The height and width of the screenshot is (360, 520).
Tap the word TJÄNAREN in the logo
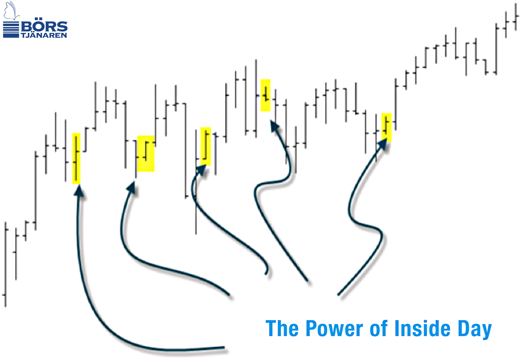pos(45,35)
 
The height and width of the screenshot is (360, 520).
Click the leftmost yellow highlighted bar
pos(76,158)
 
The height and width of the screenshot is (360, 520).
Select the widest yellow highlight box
pos(146,153)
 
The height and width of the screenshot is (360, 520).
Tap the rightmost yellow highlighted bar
pos(387,127)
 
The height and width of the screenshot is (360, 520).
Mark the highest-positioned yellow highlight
pos(266,95)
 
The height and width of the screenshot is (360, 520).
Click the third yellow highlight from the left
pos(205,146)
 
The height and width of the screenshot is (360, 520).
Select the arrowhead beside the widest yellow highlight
pos(131,187)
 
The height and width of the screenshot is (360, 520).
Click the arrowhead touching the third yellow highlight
pos(201,169)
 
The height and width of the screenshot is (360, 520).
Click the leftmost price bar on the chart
pos(5,264)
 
